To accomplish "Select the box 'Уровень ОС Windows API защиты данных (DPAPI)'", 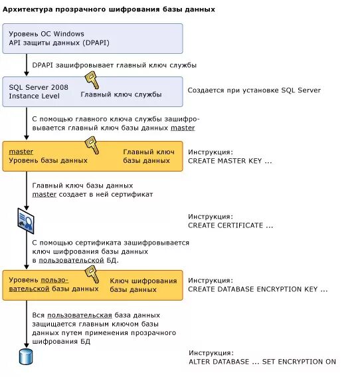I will pyautogui.click(x=92, y=39).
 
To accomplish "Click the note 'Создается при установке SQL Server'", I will pyautogui.click(x=254, y=90).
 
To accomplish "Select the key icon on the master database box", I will pyautogui.click(x=91, y=145).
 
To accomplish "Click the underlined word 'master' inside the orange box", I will pyautogui.click(x=21, y=152).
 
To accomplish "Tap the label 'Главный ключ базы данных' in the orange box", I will pyautogui.click(x=148, y=156).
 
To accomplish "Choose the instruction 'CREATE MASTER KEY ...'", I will pyautogui.click(x=230, y=161).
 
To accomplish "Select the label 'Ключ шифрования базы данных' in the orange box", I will pyautogui.click(x=143, y=285).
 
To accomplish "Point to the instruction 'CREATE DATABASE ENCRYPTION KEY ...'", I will pyautogui.click(x=258, y=289).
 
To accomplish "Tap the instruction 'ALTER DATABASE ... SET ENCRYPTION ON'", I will pyautogui.click(x=262, y=362).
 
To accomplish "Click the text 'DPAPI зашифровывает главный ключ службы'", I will pyautogui.click(x=114, y=65).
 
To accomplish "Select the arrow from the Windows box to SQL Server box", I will pyautogui.click(x=27, y=64).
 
